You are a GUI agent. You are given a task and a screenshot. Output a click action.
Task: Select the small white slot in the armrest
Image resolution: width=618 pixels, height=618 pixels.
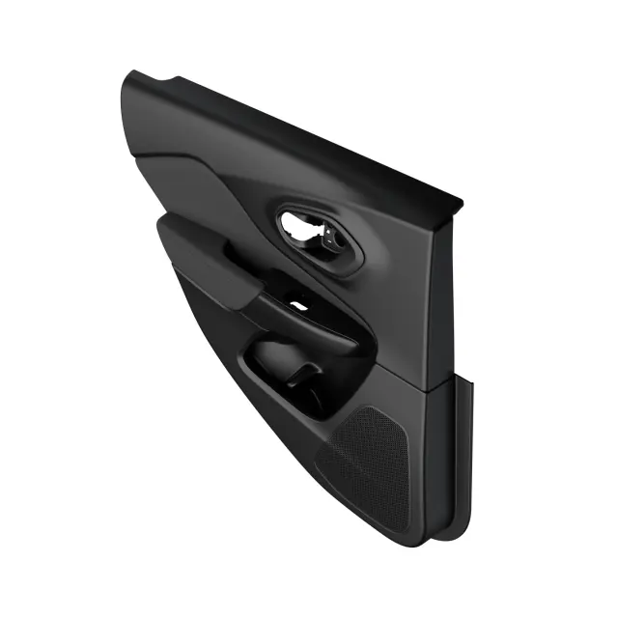pyautogui.click(x=300, y=305)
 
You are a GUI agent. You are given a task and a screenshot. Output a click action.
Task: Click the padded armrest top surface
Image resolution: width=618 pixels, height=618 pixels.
pyautogui.click(x=208, y=256)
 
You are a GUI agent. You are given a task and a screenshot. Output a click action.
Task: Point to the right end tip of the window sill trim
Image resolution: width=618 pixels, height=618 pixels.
pyautogui.click(x=459, y=204)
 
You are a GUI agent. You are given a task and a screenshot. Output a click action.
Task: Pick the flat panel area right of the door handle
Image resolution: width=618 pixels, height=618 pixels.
pyautogui.click(x=401, y=290)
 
